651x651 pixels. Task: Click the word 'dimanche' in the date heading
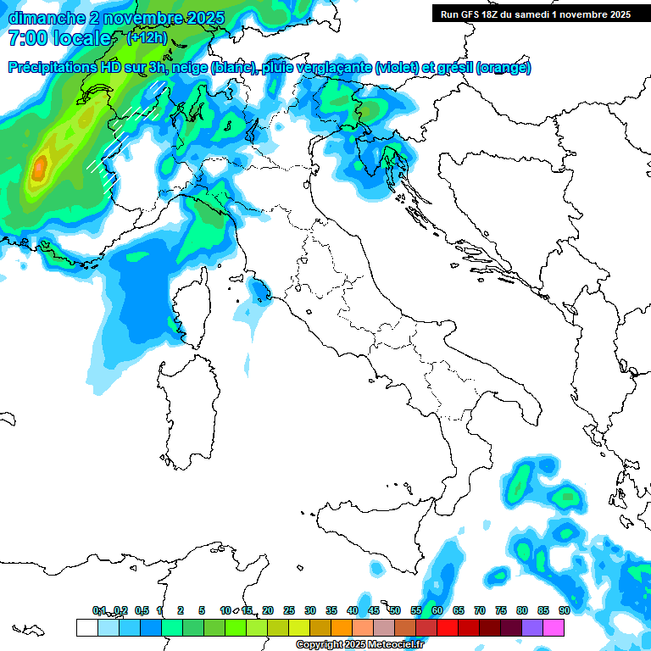[x=42, y=18]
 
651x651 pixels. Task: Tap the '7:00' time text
[x=26, y=38]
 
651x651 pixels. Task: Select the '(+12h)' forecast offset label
[x=147, y=38]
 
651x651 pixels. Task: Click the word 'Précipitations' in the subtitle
[x=52, y=68]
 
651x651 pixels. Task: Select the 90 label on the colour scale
[x=564, y=610]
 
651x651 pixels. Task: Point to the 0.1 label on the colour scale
[x=99, y=610]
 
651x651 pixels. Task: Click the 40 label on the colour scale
[x=352, y=610]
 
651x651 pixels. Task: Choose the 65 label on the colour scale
[x=458, y=610]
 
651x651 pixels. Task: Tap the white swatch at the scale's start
[x=86, y=627]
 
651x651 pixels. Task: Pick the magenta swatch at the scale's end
[x=554, y=627]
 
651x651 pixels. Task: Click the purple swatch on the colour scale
[x=532, y=627]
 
